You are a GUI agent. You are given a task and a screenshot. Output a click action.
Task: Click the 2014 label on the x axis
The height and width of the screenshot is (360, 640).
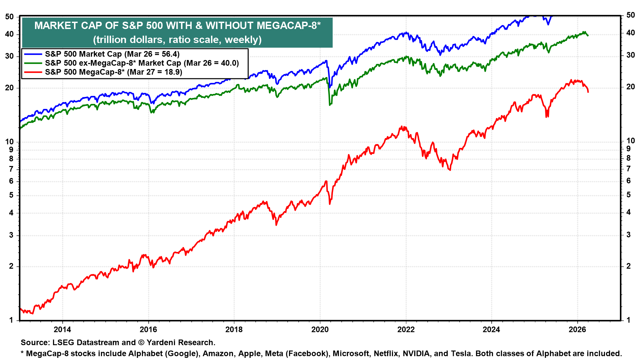62,330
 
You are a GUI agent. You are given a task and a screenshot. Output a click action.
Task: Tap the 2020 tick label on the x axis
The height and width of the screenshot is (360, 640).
320,330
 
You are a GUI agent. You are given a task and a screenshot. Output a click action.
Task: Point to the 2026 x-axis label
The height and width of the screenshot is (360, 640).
577,330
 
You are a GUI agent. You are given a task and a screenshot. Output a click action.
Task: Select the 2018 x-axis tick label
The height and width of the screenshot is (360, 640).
234,330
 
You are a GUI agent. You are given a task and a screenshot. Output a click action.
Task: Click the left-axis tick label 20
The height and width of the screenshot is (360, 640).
9,88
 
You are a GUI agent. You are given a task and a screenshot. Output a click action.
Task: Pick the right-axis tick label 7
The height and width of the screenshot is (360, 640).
629,169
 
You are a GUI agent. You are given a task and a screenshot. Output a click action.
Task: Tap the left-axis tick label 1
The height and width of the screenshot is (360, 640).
11,320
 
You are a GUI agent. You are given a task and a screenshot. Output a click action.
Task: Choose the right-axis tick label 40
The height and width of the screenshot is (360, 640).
631,33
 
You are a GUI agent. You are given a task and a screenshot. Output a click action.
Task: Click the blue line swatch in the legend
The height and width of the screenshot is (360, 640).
33,54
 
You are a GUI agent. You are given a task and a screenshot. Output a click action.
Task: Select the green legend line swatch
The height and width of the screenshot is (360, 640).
33,63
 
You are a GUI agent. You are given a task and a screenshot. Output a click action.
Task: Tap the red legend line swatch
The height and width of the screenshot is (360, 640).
33,72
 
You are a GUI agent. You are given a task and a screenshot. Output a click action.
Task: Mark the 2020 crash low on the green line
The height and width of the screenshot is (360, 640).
330,105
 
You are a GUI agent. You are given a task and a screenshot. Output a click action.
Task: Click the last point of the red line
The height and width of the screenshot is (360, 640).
588,92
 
